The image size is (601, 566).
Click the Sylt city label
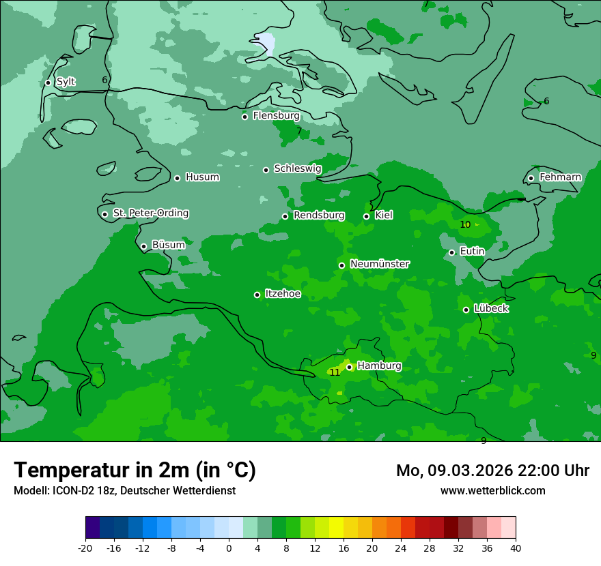pyautogui.click(x=66, y=82)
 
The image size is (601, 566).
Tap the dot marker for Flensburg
pyautogui.click(x=244, y=117)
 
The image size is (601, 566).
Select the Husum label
pyautogui.click(x=202, y=177)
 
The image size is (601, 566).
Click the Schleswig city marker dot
pyautogui.click(x=266, y=170)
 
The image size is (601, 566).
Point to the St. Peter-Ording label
pyautogui.click(x=150, y=213)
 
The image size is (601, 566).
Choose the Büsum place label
pyautogui.click(x=168, y=245)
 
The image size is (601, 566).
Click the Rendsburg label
pyautogui.click(x=319, y=215)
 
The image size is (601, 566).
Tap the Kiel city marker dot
pyautogui.click(x=367, y=216)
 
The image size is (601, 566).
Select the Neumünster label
pyautogui.click(x=380, y=264)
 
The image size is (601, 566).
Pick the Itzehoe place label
pyautogui.click(x=283, y=294)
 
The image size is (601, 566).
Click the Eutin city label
pyautogui.click(x=472, y=252)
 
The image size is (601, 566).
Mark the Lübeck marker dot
pyautogui.click(x=466, y=310)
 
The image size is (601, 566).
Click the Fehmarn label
pyautogui.click(x=560, y=177)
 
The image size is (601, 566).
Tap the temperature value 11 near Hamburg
pyautogui.click(x=335, y=372)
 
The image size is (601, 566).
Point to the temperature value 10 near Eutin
pyautogui.click(x=465, y=224)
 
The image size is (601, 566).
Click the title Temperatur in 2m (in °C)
pyautogui.click(x=135, y=470)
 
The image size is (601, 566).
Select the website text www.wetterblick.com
pyautogui.click(x=492, y=490)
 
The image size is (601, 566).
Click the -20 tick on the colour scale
pyautogui.click(x=85, y=548)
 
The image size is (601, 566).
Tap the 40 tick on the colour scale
pyautogui.click(x=515, y=548)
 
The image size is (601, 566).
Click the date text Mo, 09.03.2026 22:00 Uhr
pyautogui.click(x=492, y=471)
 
